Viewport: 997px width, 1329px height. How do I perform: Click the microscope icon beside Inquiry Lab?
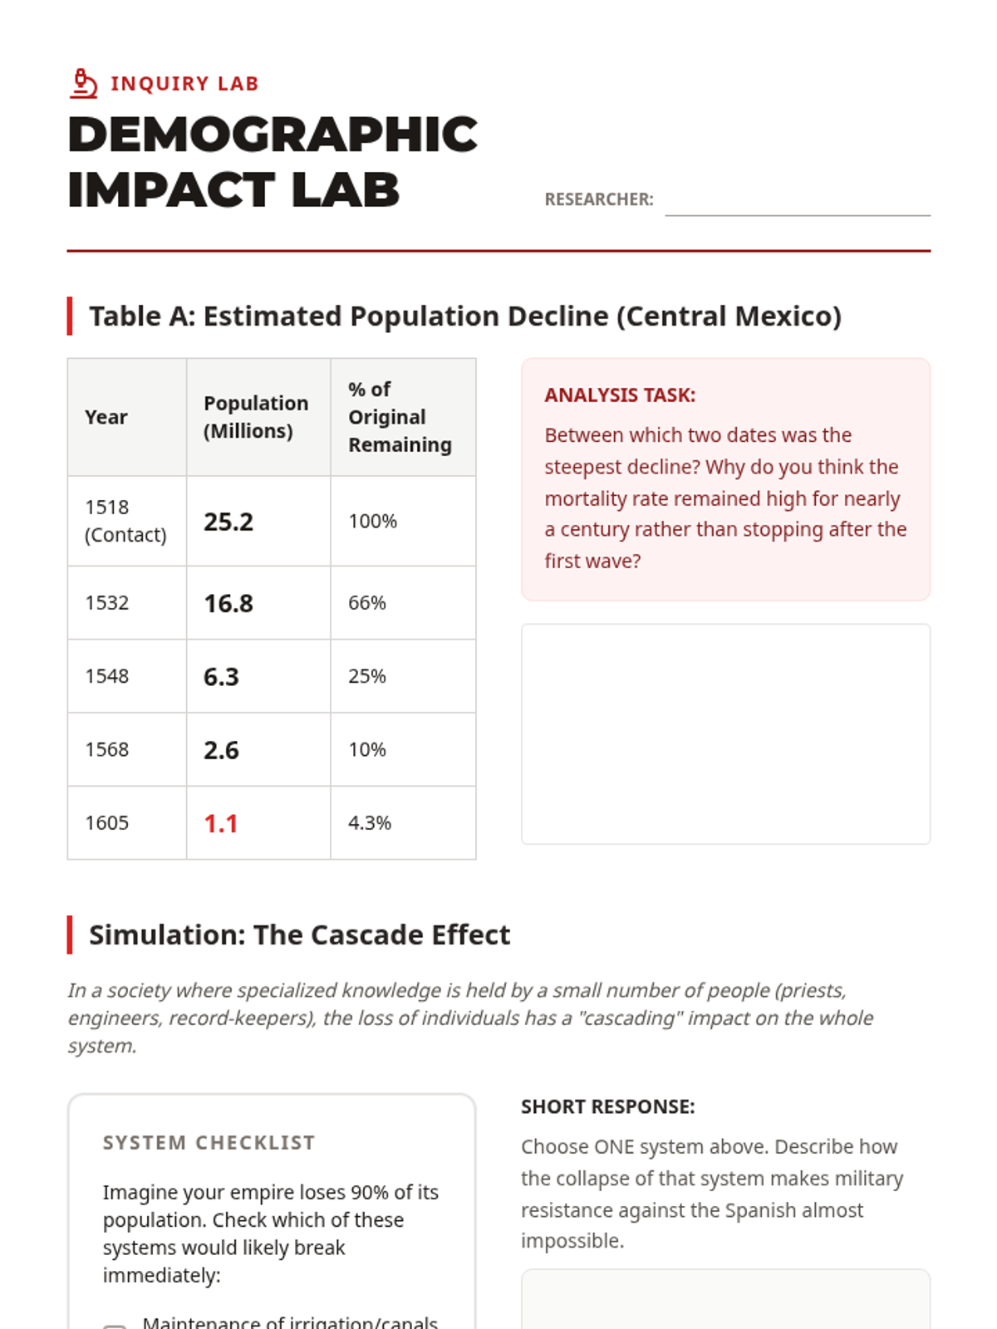pyautogui.click(x=83, y=84)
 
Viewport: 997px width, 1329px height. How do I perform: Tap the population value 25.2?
pyautogui.click(x=228, y=522)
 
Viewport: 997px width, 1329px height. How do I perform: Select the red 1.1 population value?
pyautogui.click(x=221, y=823)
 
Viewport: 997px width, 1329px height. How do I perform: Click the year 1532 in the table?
pyautogui.click(x=107, y=603)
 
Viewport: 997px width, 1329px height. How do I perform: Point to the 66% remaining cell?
pyautogui.click(x=367, y=603)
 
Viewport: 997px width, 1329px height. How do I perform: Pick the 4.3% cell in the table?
pyautogui.click(x=370, y=823)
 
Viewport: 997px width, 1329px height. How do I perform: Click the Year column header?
pyautogui.click(x=106, y=417)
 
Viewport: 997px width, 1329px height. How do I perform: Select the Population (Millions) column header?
pyautogui.click(x=256, y=417)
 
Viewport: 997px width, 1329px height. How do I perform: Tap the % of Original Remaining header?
pyautogui.click(x=400, y=417)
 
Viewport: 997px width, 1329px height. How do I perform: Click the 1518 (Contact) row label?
pyautogui.click(x=125, y=521)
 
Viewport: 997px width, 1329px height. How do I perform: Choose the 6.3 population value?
pyautogui.click(x=221, y=677)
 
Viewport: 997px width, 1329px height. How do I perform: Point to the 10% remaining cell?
pyautogui.click(x=367, y=750)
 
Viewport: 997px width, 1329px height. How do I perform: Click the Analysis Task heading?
pyautogui.click(x=620, y=395)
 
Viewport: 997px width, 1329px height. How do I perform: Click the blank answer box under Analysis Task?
pyautogui.click(x=725, y=734)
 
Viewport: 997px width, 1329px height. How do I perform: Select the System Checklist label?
pyautogui.click(x=209, y=1143)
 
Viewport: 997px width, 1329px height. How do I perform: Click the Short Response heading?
pyautogui.click(x=607, y=1107)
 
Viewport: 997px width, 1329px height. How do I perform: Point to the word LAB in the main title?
pyautogui.click(x=345, y=190)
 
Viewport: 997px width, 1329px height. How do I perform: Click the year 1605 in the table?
pyautogui.click(x=107, y=823)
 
